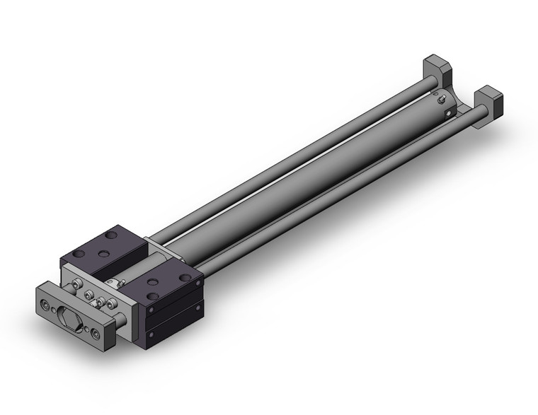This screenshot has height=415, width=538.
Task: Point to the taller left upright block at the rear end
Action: pos(437,71)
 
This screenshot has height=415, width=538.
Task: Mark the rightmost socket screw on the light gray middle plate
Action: pos(112,305)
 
